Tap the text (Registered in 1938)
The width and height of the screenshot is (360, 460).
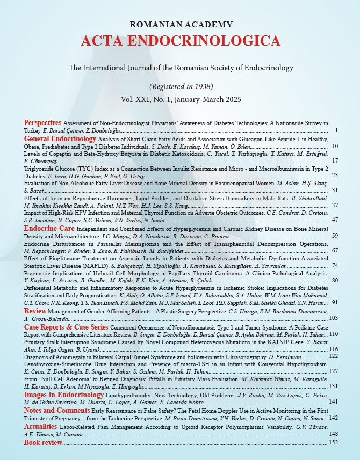click(181, 86)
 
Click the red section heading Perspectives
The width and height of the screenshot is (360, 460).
click(42, 123)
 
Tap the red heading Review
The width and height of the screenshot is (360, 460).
click(35, 310)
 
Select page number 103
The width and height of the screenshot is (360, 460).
click(333, 318)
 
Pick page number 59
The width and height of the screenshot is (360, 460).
click(334, 236)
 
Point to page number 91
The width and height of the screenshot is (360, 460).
click(334, 303)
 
